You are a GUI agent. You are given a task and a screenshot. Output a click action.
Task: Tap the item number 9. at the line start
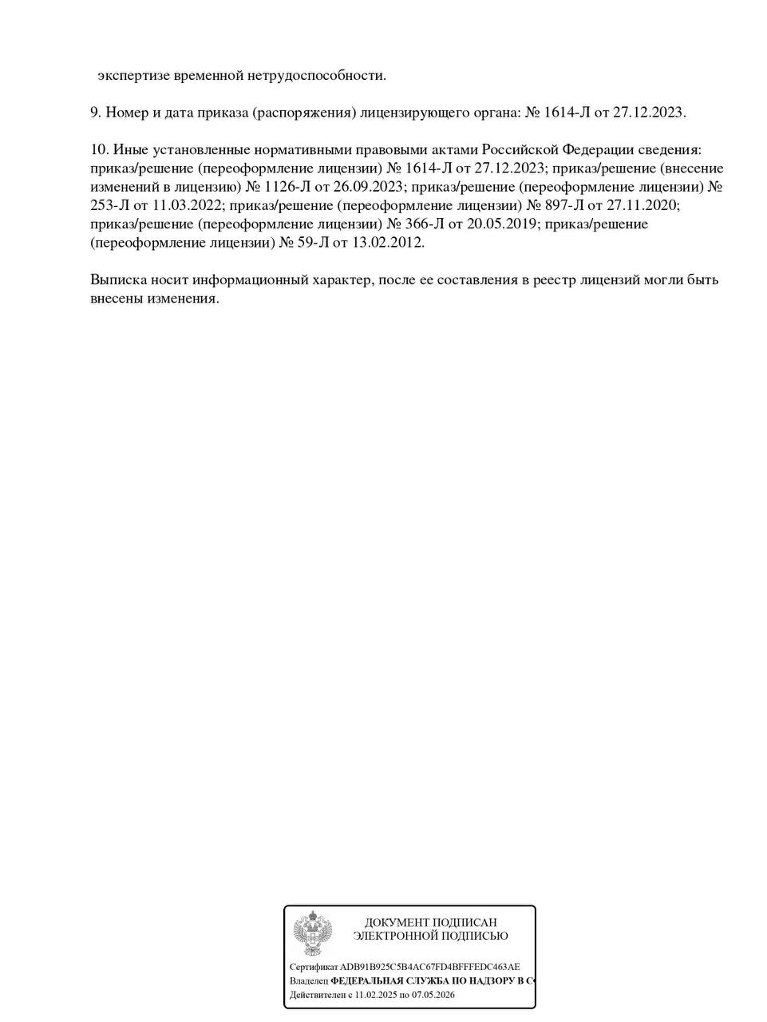click(x=96, y=113)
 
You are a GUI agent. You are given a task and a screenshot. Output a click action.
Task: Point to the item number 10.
click(x=100, y=149)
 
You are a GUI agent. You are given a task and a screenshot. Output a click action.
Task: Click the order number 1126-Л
click(x=290, y=187)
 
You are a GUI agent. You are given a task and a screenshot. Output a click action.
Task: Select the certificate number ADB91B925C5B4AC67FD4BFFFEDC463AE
click(x=430, y=967)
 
